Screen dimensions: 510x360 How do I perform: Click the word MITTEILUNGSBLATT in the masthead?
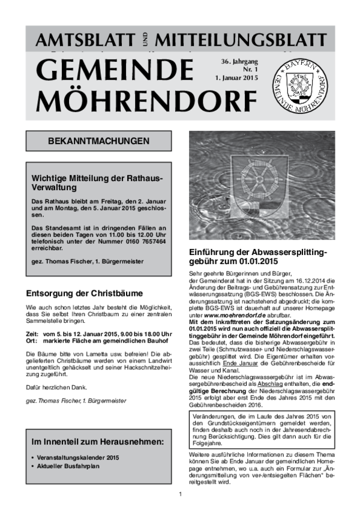pos(241,41)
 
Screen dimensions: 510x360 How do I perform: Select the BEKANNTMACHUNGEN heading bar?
pos(98,142)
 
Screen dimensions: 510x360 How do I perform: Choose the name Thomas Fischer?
pos(68,262)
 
